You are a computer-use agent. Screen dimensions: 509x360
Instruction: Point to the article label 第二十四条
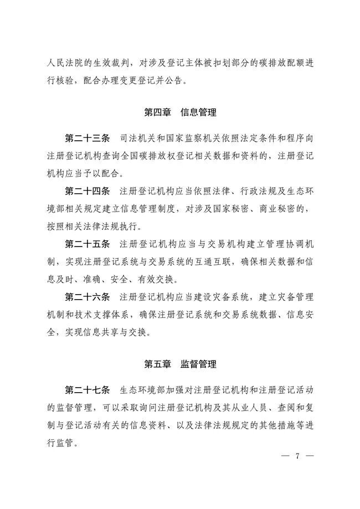(88, 192)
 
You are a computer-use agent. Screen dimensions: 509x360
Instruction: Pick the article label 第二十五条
(88, 244)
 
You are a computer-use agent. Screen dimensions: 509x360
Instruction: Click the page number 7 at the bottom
(297, 456)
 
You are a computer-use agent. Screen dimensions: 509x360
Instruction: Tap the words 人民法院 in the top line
(66, 62)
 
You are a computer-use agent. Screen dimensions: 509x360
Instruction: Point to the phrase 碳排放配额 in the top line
(274, 62)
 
